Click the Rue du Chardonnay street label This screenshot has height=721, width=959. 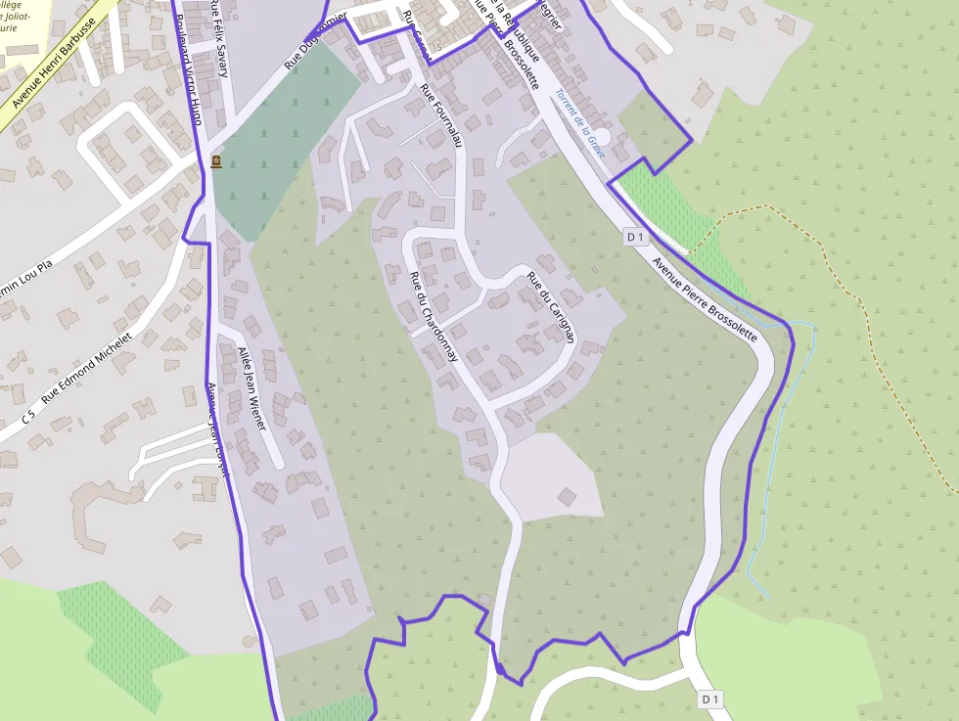coord(434,316)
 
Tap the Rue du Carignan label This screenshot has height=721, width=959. coord(550,306)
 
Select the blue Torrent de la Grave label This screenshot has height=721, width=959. coord(579,124)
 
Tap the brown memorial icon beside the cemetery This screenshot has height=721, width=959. coord(215,161)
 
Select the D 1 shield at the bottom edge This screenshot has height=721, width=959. coord(710,698)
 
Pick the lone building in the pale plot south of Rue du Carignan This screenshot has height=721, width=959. coord(568,497)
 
